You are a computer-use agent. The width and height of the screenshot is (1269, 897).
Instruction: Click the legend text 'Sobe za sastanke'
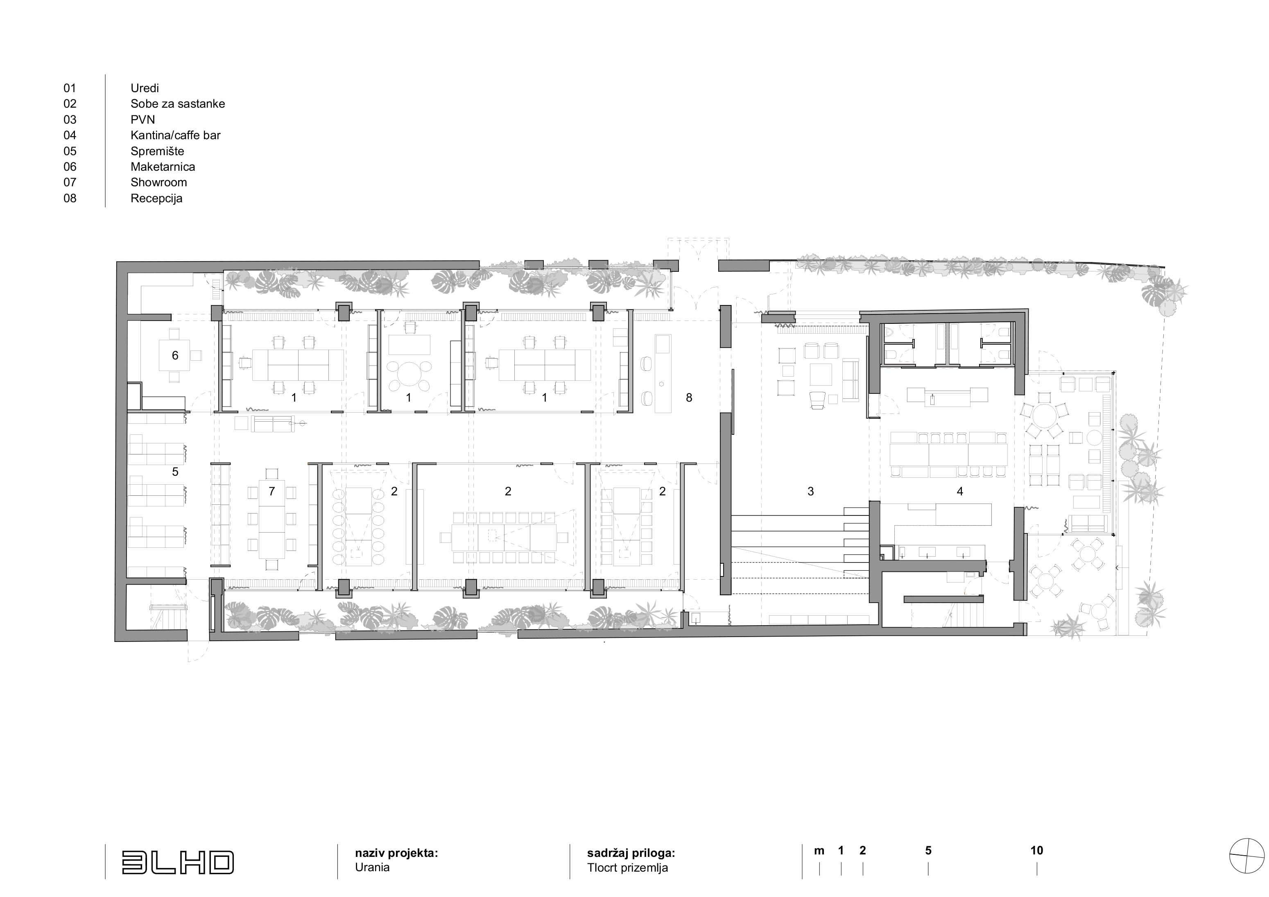tap(177, 104)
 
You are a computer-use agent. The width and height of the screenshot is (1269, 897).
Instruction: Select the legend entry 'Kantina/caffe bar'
tap(175, 136)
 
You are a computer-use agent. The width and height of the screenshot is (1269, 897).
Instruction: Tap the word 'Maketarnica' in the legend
tap(163, 167)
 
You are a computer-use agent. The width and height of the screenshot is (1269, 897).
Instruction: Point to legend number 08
tap(70, 199)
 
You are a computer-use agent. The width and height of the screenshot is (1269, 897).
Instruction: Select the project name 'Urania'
tap(372, 867)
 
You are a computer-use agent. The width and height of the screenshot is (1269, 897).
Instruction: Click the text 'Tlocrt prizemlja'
tap(627, 868)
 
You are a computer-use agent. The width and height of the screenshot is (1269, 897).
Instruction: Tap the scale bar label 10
tap(1036, 851)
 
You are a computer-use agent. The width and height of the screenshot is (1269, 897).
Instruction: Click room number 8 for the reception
tap(689, 398)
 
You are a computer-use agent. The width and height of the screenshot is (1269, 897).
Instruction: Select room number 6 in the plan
tap(175, 355)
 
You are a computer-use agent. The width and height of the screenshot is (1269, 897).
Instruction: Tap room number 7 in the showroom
tap(271, 491)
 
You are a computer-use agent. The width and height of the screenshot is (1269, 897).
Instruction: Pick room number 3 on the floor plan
tap(811, 491)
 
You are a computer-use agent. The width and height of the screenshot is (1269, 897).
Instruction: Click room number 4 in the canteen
tap(960, 491)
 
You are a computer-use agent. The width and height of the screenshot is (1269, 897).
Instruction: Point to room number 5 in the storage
tap(175, 472)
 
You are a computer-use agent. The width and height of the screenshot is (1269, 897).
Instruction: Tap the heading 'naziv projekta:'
tap(396, 853)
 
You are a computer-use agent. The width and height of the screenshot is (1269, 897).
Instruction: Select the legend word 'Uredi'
tap(145, 88)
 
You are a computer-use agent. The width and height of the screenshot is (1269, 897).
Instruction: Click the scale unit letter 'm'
tap(819, 851)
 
